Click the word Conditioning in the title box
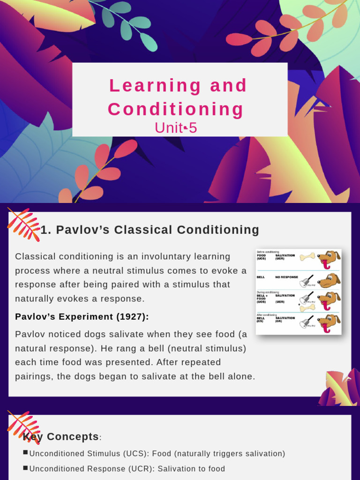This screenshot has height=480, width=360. (176, 109)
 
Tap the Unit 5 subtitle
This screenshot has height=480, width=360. (176, 127)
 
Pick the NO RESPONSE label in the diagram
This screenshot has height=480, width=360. (286, 277)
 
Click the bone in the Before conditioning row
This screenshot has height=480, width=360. (307, 256)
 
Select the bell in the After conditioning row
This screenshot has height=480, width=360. (307, 322)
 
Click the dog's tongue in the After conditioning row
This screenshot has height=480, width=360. (327, 329)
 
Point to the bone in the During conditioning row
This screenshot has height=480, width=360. (307, 307)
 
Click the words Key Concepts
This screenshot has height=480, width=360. (61, 437)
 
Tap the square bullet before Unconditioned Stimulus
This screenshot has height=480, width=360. (25, 452)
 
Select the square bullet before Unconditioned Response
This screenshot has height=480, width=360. (25, 467)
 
